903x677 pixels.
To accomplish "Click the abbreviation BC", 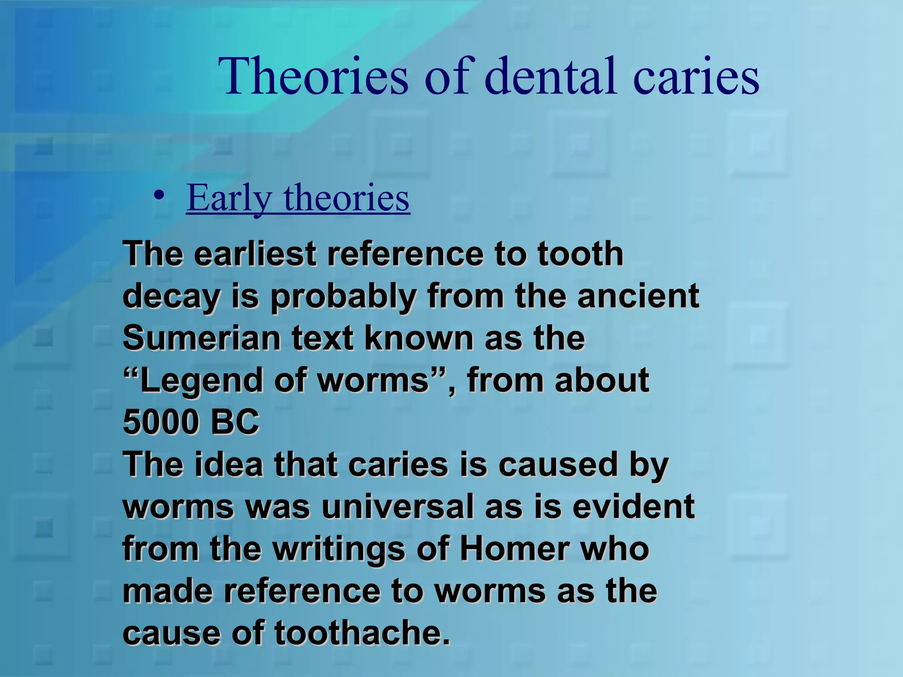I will pyautogui.click(x=235, y=422).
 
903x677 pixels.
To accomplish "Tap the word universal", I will pyautogui.click(x=397, y=506).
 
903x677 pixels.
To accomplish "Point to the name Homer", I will pyautogui.click(x=514, y=549).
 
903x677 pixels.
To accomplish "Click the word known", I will pyautogui.click(x=418, y=338).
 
